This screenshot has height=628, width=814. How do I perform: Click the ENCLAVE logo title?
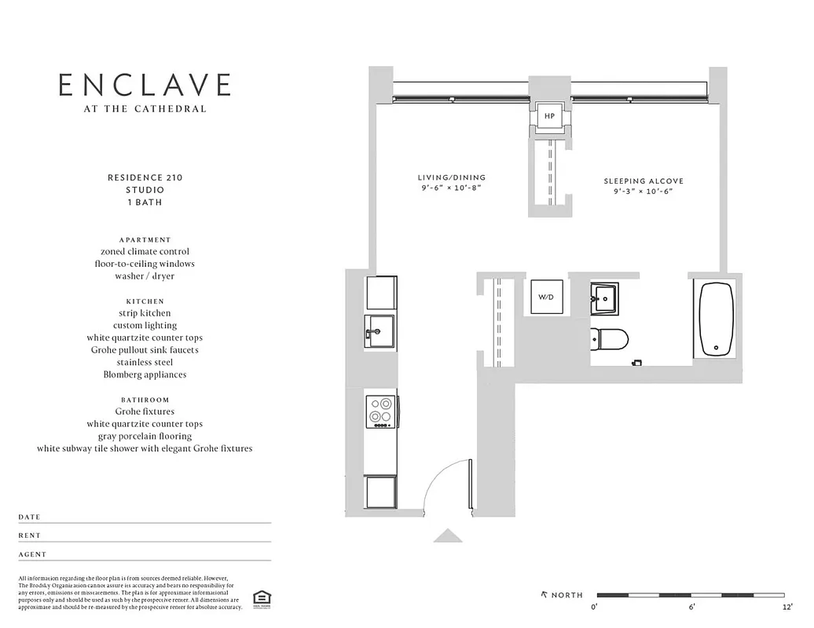click(x=145, y=85)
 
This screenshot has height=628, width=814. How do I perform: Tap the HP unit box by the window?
click(x=549, y=116)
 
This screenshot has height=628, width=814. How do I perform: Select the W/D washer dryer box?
click(x=545, y=298)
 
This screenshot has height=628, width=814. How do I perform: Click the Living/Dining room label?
click(x=451, y=177)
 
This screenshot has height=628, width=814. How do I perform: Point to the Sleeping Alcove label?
click(x=643, y=181)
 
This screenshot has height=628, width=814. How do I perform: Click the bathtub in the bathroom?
click(x=716, y=319)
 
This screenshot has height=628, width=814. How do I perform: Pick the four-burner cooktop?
click(x=381, y=411)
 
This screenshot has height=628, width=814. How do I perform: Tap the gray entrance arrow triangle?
click(x=449, y=535)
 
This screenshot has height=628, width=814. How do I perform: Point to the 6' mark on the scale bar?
click(x=692, y=607)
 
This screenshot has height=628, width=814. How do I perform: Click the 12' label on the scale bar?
click(x=787, y=607)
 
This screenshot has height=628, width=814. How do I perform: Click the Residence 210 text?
click(x=145, y=177)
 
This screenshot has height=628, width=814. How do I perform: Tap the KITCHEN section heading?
click(x=145, y=301)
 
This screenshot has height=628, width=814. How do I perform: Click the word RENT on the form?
click(x=29, y=535)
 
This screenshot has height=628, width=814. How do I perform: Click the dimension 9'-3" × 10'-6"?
click(x=643, y=192)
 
